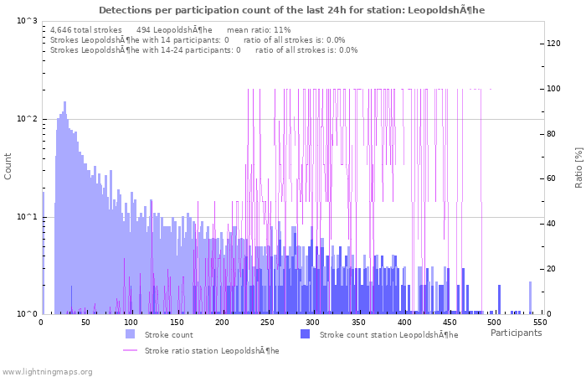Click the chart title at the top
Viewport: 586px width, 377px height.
coord(291,10)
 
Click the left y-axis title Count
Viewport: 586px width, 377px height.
coord(8,166)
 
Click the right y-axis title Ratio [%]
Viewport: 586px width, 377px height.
coord(578,167)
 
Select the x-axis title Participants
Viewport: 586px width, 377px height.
coord(516,333)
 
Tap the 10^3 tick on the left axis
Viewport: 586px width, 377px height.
coord(26,20)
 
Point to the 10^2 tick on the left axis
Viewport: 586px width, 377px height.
coord(26,119)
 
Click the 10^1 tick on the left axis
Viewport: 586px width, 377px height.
coord(26,217)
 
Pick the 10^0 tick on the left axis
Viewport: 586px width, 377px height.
coord(26,314)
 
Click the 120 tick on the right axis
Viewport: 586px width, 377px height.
coord(553,44)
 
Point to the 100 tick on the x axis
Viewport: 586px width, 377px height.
coord(131,322)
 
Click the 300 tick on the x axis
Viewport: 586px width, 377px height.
coord(313,322)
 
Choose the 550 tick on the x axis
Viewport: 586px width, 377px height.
coord(540,322)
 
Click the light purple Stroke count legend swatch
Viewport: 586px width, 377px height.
coord(131,334)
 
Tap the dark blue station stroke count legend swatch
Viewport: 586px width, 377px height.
coord(305,334)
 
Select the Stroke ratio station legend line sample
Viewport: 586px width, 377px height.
coord(131,350)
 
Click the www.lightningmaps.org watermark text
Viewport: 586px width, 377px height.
coord(48,371)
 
